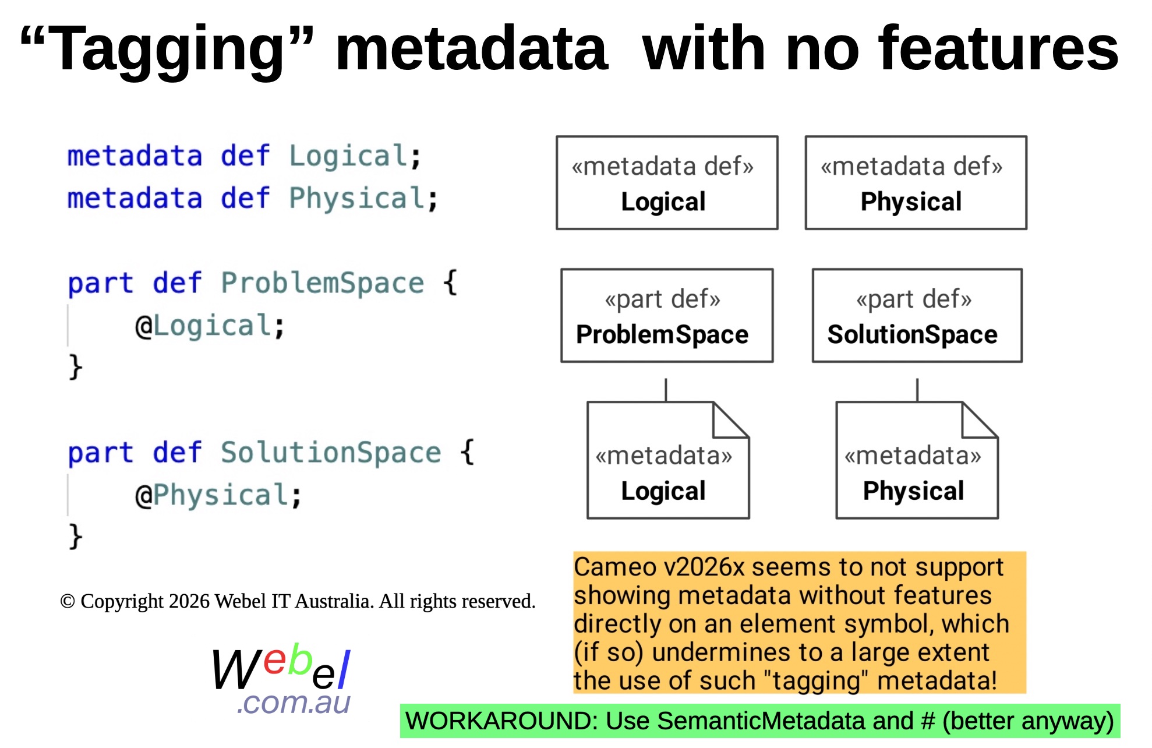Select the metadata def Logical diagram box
click(x=667, y=183)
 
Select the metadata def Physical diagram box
click(x=916, y=183)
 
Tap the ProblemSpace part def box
click(x=667, y=315)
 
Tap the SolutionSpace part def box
click(x=917, y=315)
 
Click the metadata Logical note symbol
click(x=668, y=460)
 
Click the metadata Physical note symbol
click(x=917, y=460)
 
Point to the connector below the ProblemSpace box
click(x=666, y=390)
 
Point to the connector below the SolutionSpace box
click(x=917, y=390)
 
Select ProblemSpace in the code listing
click(x=323, y=283)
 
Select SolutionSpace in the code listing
click(x=331, y=453)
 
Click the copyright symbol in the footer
click(x=68, y=602)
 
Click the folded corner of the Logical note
click(x=731, y=419)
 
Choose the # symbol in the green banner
click(x=928, y=721)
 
